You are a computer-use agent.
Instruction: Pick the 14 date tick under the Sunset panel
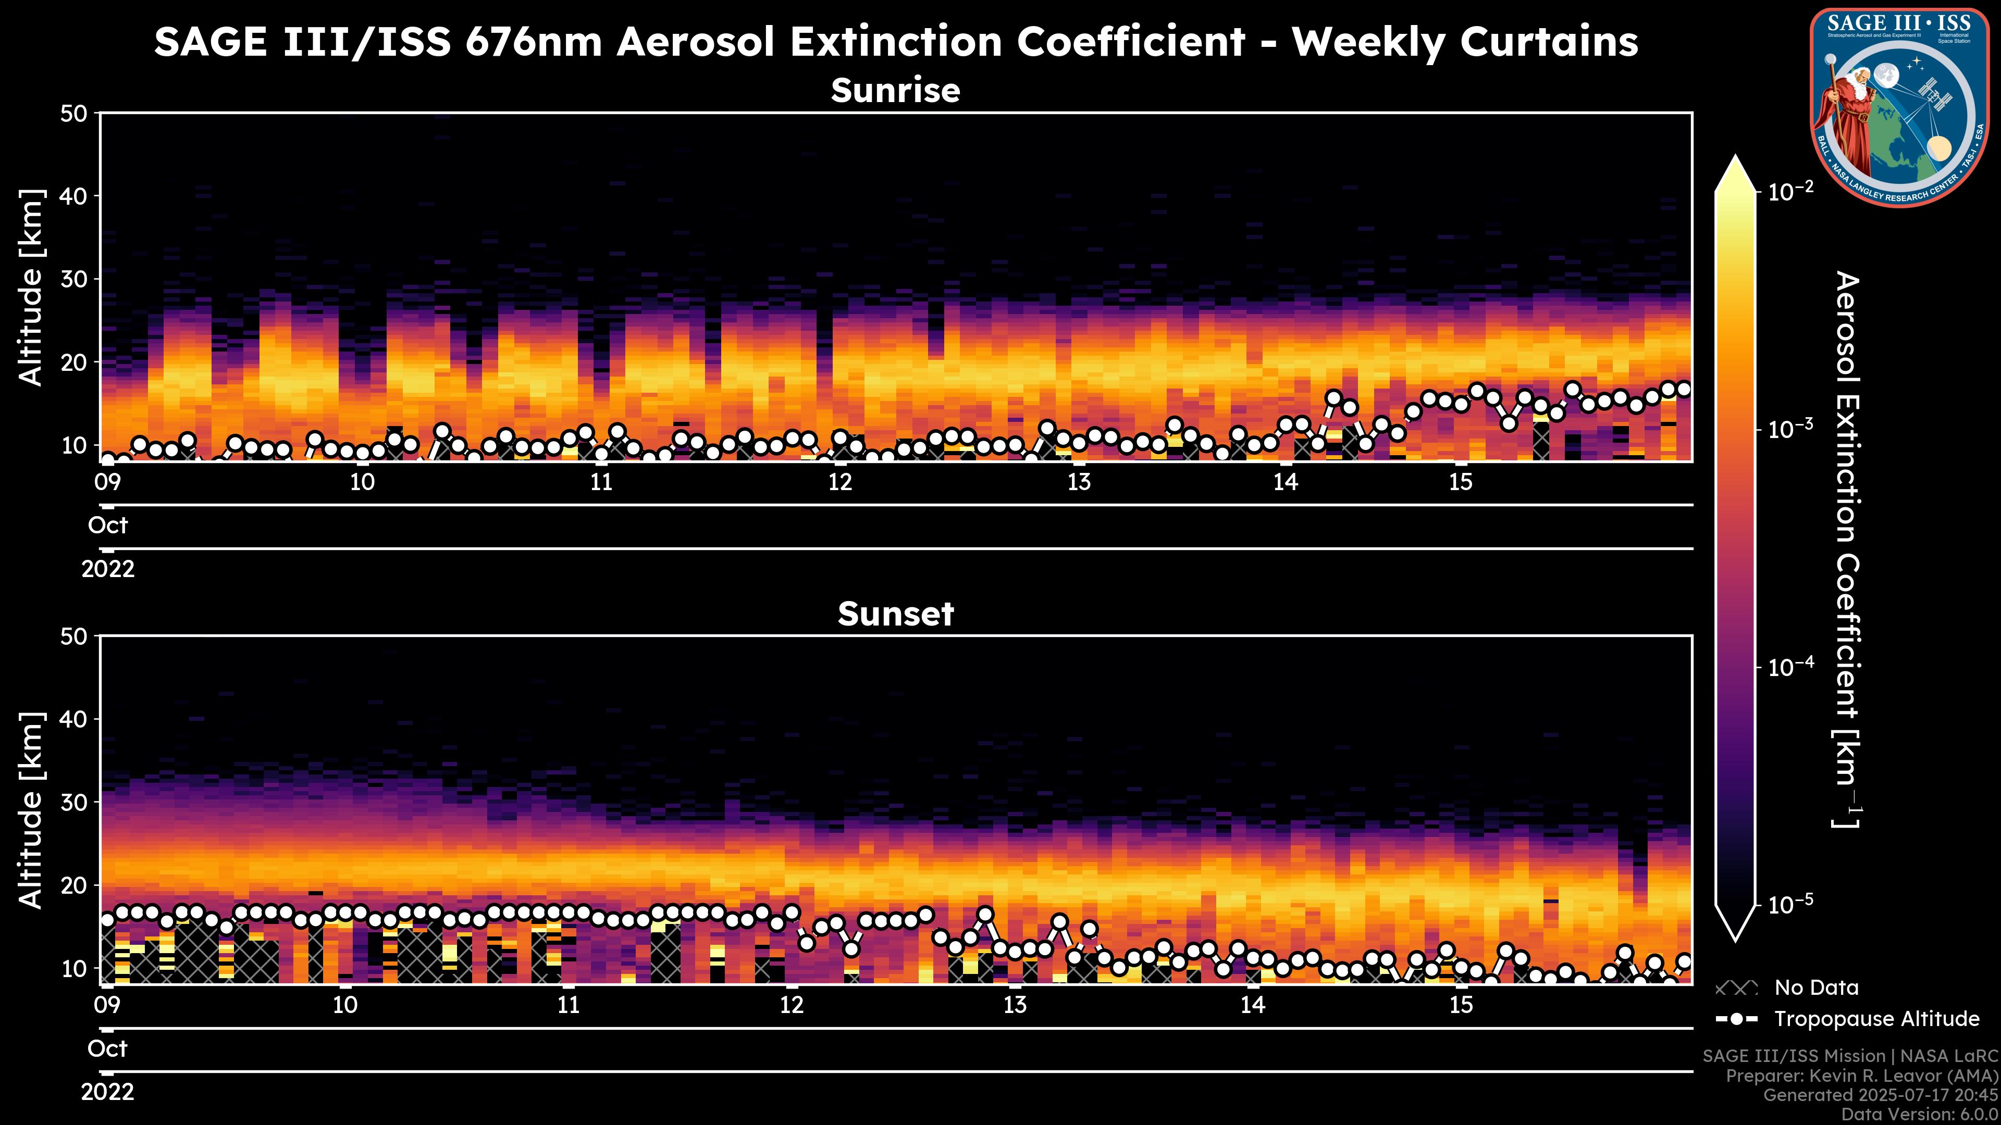click(x=1252, y=1005)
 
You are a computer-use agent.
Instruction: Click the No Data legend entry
click(x=1816, y=988)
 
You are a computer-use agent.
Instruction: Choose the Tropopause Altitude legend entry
click(x=1876, y=1019)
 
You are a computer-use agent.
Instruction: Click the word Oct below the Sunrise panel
click(x=107, y=526)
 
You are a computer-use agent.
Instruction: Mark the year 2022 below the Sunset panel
click(x=107, y=1092)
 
